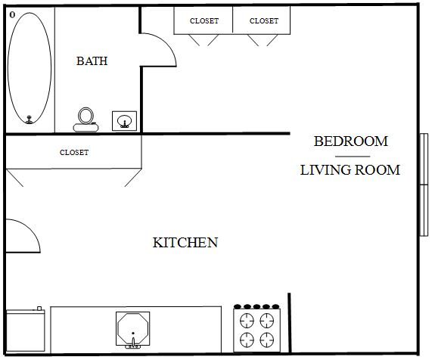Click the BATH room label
pos(92,61)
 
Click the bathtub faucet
pos(30,119)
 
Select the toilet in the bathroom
pos(85,119)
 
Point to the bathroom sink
pos(124,121)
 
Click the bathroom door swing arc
pos(169,44)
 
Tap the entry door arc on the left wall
pos(33,228)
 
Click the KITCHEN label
pos(185,242)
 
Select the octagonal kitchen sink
pos(133,328)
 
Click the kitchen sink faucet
pos(133,343)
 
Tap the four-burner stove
pos(256,328)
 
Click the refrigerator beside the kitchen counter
pos(26,330)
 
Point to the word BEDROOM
pos(351,141)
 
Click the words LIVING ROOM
pos(350,170)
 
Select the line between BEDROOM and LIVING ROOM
pos(353,157)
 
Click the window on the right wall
pos(424,185)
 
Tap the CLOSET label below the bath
pos(74,153)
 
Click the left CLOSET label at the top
pos(204,21)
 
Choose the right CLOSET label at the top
pos(264,21)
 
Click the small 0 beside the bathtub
pos(12,15)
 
